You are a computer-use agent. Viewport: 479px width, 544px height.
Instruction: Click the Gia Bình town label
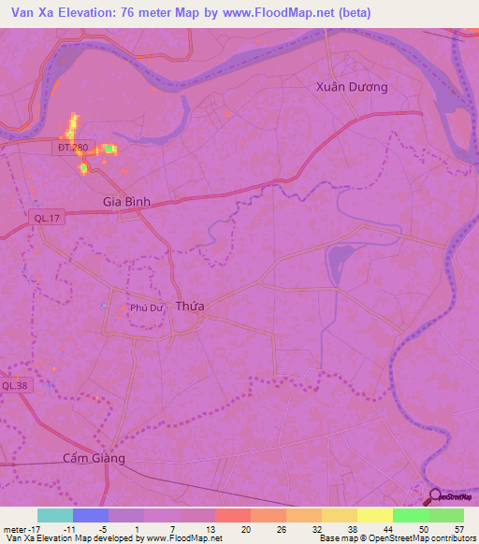pyautogui.click(x=125, y=201)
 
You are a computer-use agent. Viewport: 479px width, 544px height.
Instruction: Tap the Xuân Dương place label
pyautogui.click(x=352, y=86)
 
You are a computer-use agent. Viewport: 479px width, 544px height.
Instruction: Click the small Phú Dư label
pyautogui.click(x=147, y=307)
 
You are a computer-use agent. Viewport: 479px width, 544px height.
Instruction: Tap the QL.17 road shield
pyautogui.click(x=40, y=218)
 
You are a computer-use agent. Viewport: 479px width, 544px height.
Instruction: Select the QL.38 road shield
pyautogui.click(x=14, y=385)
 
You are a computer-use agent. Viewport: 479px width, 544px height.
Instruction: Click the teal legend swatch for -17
pyautogui.click(x=54, y=515)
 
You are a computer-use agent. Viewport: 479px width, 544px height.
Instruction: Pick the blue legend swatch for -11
pyautogui.click(x=90, y=515)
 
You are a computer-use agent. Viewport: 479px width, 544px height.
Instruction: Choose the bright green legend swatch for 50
pyautogui.click(x=410, y=515)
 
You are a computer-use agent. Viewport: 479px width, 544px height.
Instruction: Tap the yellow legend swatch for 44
pyautogui.click(x=374, y=515)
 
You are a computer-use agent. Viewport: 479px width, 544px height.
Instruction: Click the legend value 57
pyautogui.click(x=457, y=529)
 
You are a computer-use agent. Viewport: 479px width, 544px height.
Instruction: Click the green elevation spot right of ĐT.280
pyautogui.click(x=110, y=149)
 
